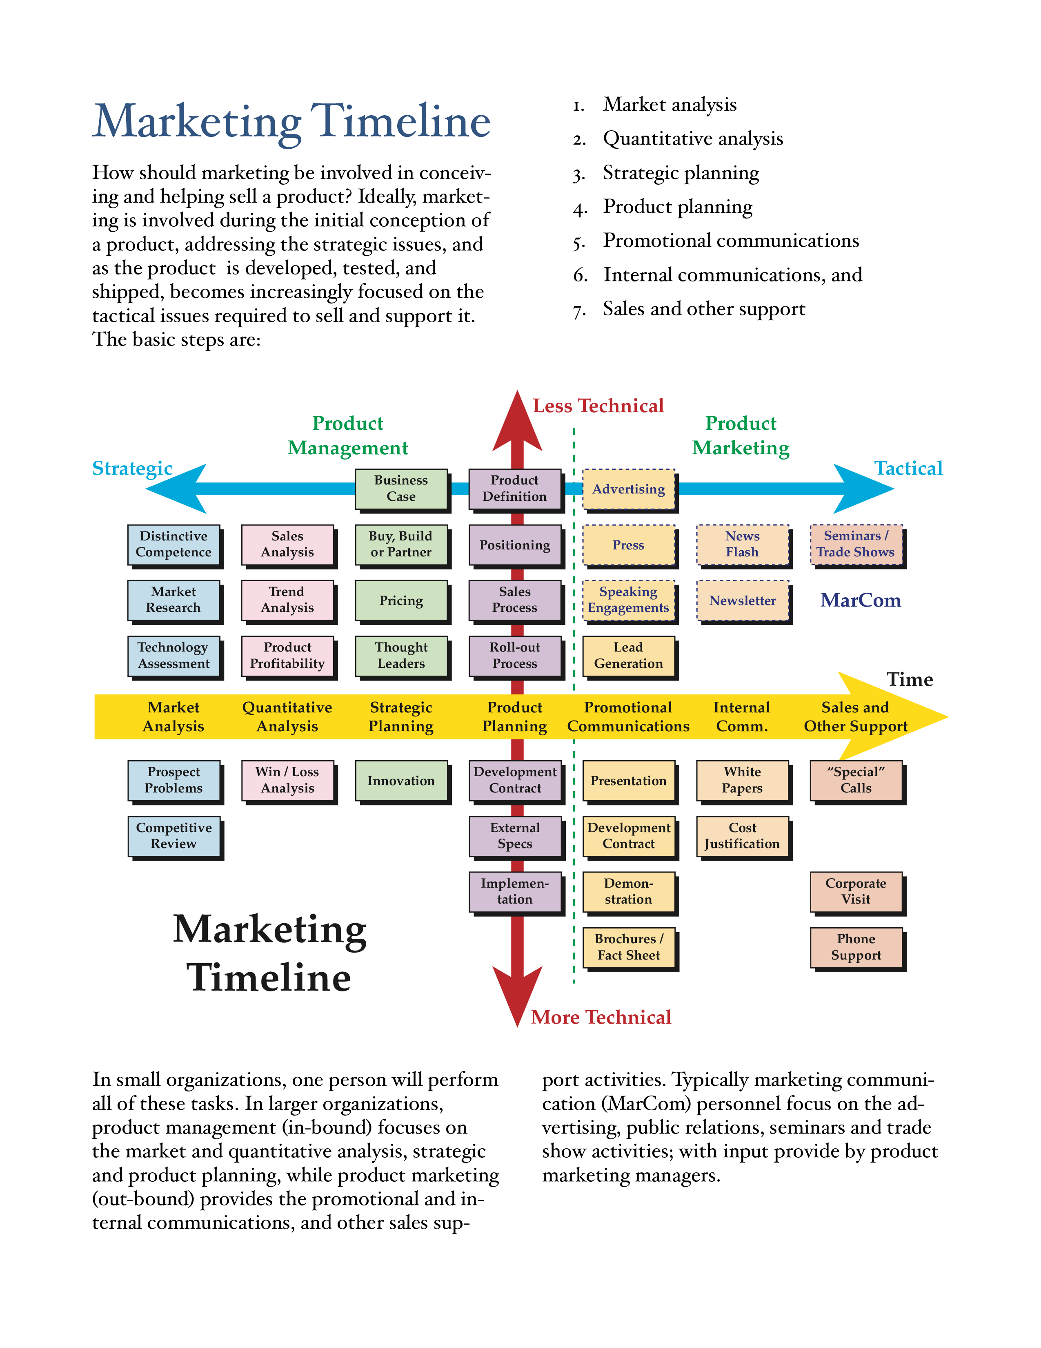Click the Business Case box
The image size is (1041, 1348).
coord(401,489)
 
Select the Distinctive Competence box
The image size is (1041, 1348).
coord(174,545)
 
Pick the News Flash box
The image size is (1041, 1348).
coord(743,545)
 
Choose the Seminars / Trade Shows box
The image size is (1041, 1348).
coord(856,545)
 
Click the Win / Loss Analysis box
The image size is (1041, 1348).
coord(287,780)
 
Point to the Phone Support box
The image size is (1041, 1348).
coord(856,947)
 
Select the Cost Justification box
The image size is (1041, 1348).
coord(743,836)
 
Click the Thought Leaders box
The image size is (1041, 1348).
coord(401,656)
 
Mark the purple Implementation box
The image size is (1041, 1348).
coord(515,892)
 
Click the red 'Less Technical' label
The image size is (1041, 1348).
coord(598,406)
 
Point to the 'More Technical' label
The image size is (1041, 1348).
coord(601,1017)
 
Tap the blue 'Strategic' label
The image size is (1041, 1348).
coord(132,469)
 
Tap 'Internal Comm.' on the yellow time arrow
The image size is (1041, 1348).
coord(742,716)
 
